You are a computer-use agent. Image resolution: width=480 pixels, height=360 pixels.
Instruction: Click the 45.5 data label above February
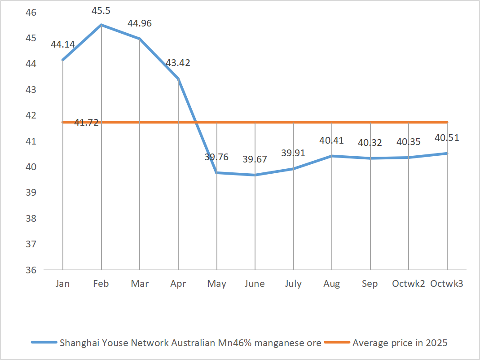(x=101, y=9)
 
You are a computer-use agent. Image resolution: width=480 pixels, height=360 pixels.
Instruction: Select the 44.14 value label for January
(x=63, y=44)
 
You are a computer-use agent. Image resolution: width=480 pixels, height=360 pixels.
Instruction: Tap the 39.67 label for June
(x=255, y=159)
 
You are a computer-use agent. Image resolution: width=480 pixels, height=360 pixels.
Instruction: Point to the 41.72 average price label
(x=86, y=122)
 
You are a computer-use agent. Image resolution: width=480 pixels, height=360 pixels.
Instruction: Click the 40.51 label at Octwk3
(x=447, y=138)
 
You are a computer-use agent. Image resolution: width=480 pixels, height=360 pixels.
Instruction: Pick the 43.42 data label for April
(x=178, y=63)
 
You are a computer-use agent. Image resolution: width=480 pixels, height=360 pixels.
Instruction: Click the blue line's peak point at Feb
(x=101, y=25)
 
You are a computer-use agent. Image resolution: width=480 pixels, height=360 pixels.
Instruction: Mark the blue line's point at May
(x=217, y=173)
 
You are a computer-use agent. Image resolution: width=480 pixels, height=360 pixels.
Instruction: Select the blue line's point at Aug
(x=332, y=156)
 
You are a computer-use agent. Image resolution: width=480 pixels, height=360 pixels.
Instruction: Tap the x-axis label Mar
(x=140, y=284)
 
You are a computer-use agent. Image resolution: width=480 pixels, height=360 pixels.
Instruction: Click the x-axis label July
(x=293, y=284)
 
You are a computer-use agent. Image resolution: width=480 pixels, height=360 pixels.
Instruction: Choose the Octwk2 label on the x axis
(x=409, y=284)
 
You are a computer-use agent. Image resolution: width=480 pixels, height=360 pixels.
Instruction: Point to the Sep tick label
(x=370, y=284)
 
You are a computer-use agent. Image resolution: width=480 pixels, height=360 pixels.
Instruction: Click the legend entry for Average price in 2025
(x=400, y=343)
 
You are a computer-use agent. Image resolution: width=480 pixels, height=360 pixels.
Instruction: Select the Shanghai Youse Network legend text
(x=190, y=343)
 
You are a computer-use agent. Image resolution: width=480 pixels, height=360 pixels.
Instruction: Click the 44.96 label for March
(x=140, y=23)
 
